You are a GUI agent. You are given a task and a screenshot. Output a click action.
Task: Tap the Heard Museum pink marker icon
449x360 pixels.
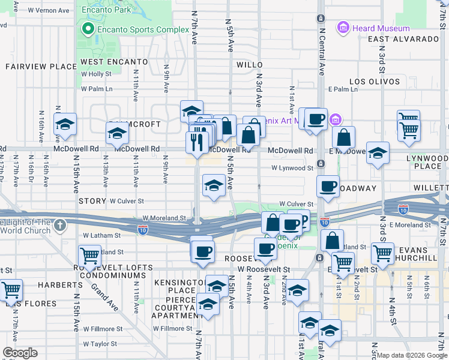[343, 28]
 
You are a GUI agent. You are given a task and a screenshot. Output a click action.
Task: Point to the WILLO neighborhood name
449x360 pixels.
[250, 64]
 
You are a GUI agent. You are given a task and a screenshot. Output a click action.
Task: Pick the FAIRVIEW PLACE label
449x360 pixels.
[32, 67]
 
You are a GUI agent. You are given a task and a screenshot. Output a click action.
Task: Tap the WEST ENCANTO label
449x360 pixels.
[114, 62]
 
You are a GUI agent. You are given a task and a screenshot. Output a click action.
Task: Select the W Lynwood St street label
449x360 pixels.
[292, 169]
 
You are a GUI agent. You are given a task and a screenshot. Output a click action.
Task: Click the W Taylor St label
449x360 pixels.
[103, 344]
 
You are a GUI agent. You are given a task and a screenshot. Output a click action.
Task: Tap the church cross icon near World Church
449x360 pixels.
[59, 225]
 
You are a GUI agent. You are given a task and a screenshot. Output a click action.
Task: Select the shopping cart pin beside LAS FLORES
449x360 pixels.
[11, 290]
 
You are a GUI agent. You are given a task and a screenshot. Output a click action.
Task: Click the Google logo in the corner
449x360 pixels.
[20, 353]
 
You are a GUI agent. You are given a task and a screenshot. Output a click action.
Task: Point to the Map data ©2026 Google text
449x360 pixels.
[412, 355]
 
